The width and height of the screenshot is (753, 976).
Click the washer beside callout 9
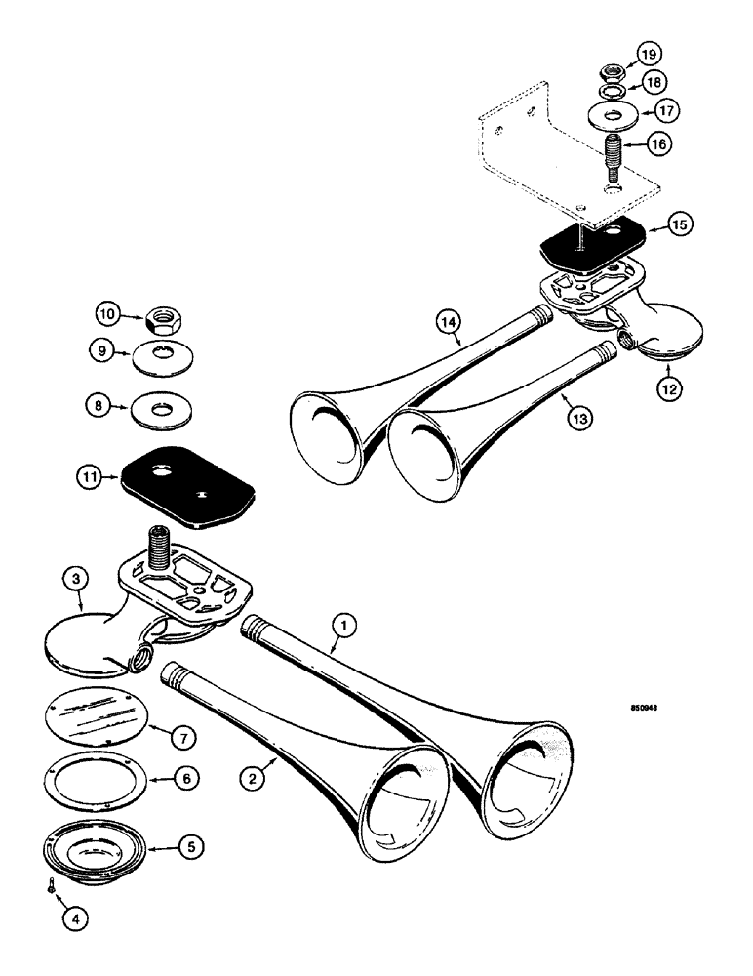pos(156,353)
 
